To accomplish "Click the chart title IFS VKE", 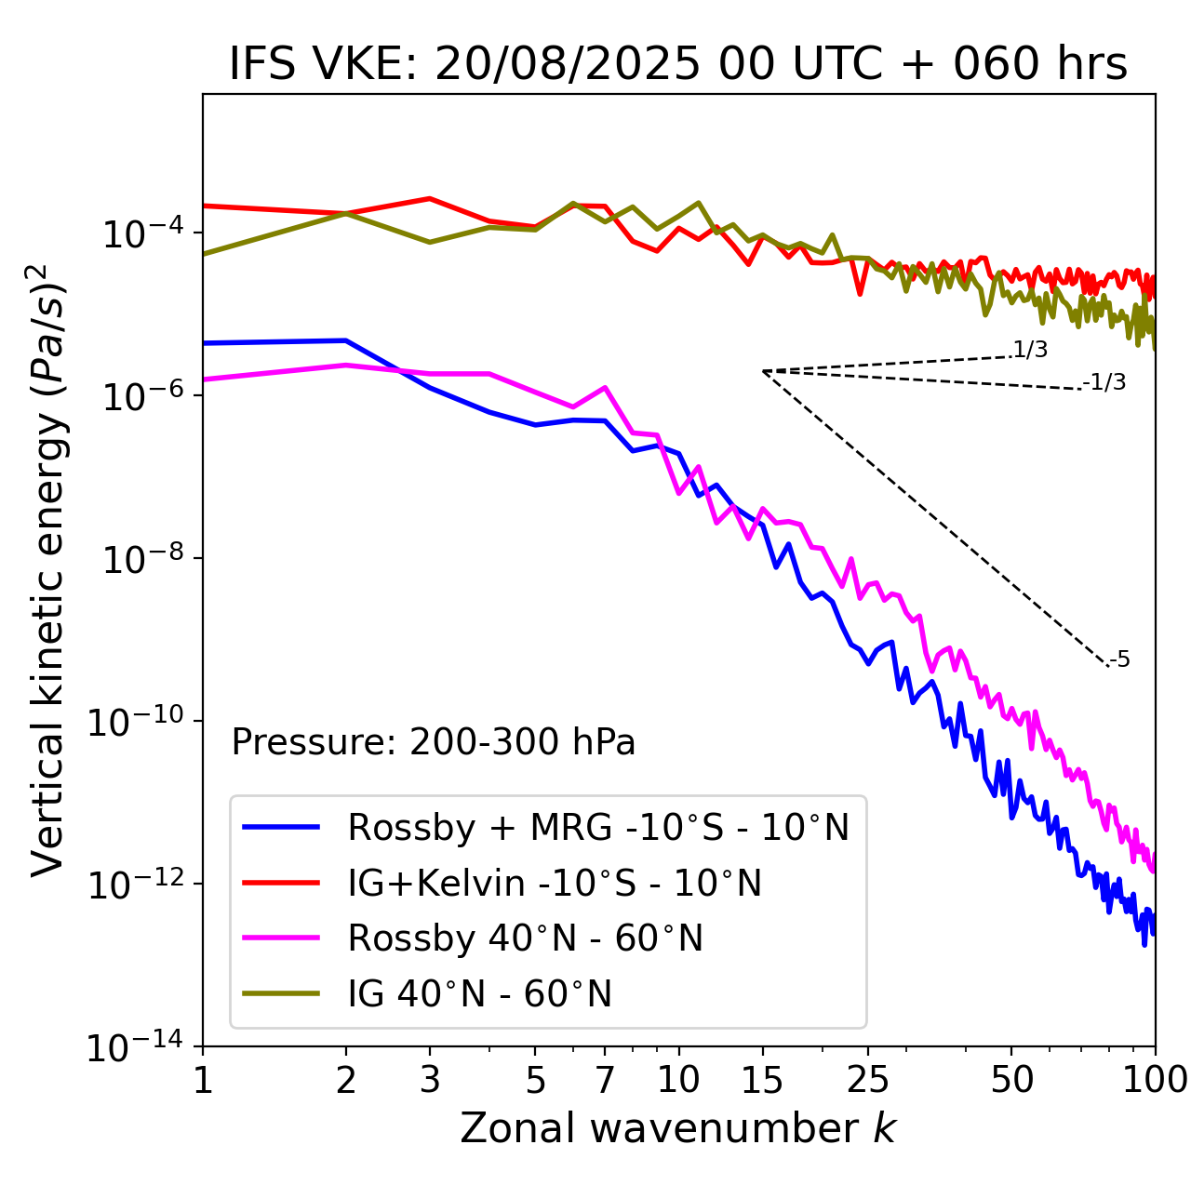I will pos(678,64).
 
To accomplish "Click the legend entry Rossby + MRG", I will pos(597,827).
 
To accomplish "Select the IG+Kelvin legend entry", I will pos(554,883).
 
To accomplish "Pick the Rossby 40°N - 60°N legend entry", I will pos(525,938).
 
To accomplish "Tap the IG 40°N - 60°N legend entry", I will pos(479,994).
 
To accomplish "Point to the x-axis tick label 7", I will pos(605,1080).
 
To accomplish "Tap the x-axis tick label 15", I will pos(762,1080).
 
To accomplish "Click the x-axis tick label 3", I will pos(430,1080).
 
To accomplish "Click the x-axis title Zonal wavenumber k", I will pos(678,1128).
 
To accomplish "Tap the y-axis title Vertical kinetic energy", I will pos(48,569).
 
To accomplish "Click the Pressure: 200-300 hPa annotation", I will pos(433,742).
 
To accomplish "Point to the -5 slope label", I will pos(1119,660).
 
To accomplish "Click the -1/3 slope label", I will pos(1104,382).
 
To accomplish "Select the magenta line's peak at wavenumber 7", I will pos(605,387).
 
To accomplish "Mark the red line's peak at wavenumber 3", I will pos(430,198).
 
